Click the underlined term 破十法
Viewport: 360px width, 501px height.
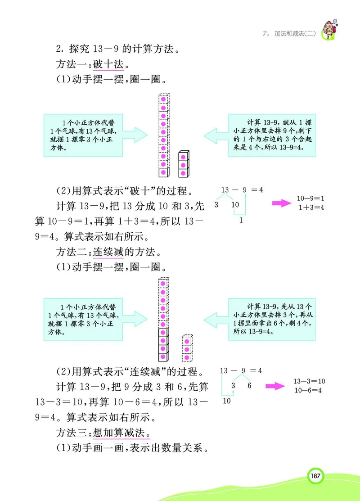click(108, 64)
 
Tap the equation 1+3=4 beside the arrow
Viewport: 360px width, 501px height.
click(311, 208)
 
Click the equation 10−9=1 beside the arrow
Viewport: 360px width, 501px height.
click(311, 199)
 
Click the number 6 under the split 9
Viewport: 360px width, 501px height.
click(249, 386)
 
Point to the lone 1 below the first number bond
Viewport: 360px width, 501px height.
click(241, 220)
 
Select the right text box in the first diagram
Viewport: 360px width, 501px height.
click(270, 135)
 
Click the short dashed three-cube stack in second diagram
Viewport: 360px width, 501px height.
click(187, 348)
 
